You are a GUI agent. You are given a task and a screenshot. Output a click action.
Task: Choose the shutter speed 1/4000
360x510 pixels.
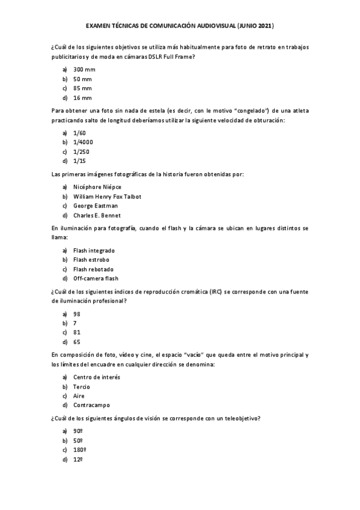pyautogui.click(x=83, y=143)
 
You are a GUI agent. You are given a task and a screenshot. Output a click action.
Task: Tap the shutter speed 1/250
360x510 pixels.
pyautogui.click(x=81, y=152)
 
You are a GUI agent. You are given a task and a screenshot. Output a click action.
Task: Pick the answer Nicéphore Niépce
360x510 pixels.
pyautogui.click(x=97, y=187)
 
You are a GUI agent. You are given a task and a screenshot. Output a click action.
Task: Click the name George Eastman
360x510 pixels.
pyautogui.click(x=96, y=206)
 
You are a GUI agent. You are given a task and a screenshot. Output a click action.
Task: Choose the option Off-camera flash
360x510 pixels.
pyautogui.click(x=96, y=278)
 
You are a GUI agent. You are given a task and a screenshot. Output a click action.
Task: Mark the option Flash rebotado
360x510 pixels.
pyautogui.click(x=93, y=269)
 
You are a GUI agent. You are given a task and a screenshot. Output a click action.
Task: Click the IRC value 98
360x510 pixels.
pyautogui.click(x=77, y=314)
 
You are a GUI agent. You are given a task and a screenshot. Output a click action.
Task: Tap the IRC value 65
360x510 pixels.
pyautogui.click(x=77, y=342)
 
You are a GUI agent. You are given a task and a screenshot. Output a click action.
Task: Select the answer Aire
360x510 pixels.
pyautogui.click(x=79, y=396)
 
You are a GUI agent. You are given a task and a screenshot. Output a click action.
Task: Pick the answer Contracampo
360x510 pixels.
pyautogui.click(x=91, y=405)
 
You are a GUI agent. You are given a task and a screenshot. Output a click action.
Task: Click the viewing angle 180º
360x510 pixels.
pyautogui.click(x=79, y=450)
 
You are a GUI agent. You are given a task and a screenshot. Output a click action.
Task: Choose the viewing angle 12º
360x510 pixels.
pyautogui.click(x=78, y=459)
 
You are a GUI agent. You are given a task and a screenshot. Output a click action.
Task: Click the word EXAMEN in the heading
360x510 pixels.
pyautogui.click(x=100, y=26)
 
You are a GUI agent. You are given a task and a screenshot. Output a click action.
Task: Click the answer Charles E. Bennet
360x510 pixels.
pyautogui.click(x=97, y=215)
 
